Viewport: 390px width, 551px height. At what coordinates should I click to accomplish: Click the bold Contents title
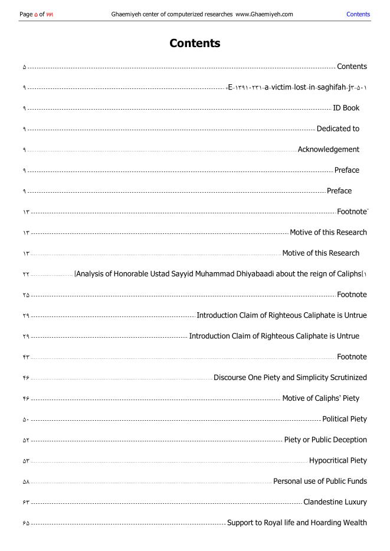click(x=195, y=43)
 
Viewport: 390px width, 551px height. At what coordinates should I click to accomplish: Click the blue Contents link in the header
click(x=358, y=14)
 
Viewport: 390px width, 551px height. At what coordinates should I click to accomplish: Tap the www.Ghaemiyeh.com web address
click(x=264, y=14)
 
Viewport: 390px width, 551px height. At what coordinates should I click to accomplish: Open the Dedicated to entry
click(x=337, y=128)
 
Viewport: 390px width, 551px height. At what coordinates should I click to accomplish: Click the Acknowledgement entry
click(x=328, y=149)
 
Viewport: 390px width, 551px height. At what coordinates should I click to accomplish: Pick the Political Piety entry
click(x=345, y=419)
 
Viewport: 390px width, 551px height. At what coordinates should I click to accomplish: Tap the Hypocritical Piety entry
click(x=337, y=460)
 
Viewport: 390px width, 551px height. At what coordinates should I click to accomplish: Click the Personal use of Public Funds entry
click(x=320, y=481)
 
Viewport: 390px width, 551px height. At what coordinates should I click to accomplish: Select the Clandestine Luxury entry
click(x=335, y=502)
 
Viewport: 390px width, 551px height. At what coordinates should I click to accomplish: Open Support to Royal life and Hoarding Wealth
click(x=297, y=523)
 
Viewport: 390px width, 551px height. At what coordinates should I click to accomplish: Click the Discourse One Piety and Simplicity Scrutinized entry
click(x=290, y=377)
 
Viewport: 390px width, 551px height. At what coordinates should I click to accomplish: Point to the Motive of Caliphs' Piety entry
click(x=320, y=398)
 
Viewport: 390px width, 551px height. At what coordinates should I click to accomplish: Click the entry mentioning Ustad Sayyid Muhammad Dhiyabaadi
click(x=221, y=273)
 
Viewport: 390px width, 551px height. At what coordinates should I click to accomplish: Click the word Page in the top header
click(x=26, y=14)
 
